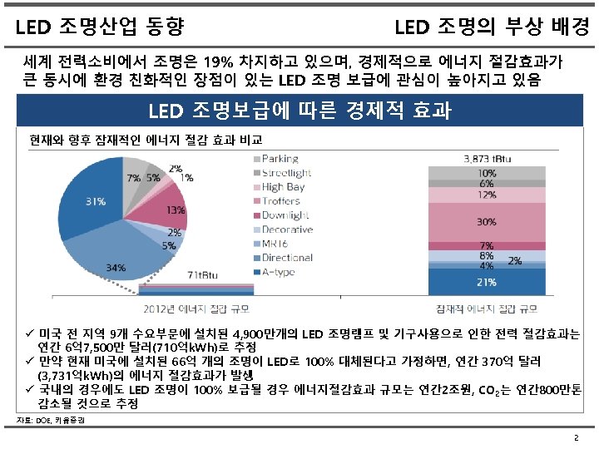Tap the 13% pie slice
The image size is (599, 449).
click(x=166, y=212)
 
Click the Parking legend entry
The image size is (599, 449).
click(x=280, y=159)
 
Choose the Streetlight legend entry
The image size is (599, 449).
click(x=286, y=173)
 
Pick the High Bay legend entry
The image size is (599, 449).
click(x=283, y=187)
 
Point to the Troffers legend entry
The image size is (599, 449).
click(x=281, y=201)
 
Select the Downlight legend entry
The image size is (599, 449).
click(x=285, y=215)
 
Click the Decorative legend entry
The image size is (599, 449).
click(x=287, y=229)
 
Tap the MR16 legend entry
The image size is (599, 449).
click(x=278, y=244)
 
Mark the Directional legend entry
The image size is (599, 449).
click(x=287, y=258)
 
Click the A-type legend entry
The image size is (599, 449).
click(x=280, y=272)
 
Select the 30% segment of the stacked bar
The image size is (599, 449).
click(x=485, y=222)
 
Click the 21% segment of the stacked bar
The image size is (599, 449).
click(x=485, y=282)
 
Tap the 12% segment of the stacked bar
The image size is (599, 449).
click(x=485, y=195)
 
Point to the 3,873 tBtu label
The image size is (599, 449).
click(x=487, y=159)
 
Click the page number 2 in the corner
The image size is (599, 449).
click(x=576, y=437)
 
